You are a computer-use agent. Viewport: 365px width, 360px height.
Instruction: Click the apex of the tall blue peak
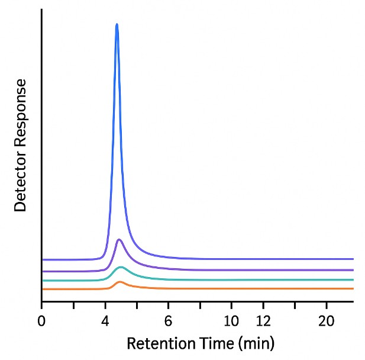click(117, 25)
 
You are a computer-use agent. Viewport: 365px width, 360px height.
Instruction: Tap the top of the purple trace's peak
click(119, 240)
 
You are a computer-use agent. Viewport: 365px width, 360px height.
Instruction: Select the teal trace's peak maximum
click(121, 267)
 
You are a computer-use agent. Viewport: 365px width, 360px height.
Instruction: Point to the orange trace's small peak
click(120, 282)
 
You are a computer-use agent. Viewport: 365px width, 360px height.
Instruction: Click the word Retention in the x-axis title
click(156, 343)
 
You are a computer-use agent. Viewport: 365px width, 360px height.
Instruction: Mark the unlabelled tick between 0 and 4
click(73, 305)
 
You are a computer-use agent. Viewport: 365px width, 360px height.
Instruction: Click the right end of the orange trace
click(353, 288)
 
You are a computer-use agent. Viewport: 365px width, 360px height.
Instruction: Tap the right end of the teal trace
click(353, 279)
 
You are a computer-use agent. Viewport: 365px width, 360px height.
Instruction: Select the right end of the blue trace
click(353, 259)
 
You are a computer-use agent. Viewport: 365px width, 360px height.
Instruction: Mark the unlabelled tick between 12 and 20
click(295, 305)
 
